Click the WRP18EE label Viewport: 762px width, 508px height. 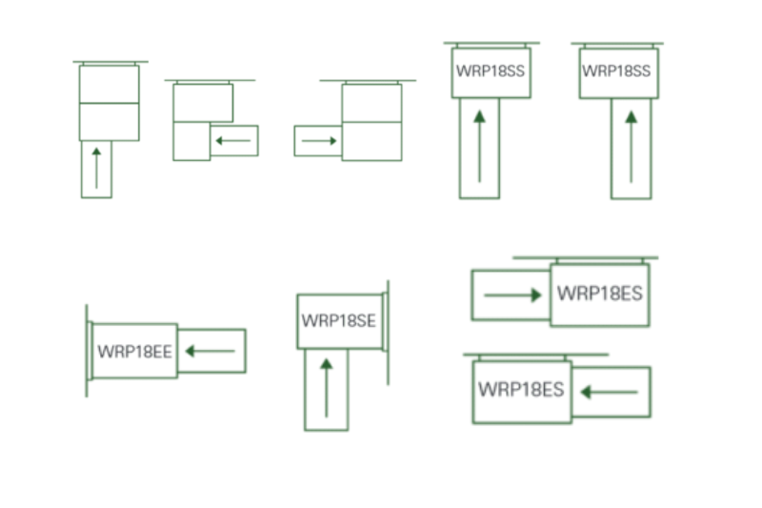pyautogui.click(x=134, y=352)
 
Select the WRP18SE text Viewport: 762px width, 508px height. pyautogui.click(x=339, y=320)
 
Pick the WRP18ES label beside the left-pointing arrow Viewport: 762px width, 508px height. pyautogui.click(x=521, y=390)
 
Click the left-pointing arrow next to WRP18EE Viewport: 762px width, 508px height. pyautogui.click(x=210, y=352)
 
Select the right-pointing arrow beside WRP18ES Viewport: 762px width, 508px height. pyautogui.click(x=512, y=295)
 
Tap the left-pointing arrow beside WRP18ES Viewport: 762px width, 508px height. pyautogui.click(x=610, y=392)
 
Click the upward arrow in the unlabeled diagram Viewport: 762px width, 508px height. pyautogui.click(x=96, y=168)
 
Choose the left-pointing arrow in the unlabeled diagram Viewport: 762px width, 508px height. pyautogui.click(x=232, y=141)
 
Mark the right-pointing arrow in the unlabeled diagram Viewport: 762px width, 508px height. pyautogui.click(x=319, y=141)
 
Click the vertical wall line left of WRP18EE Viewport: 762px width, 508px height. pyautogui.click(x=87, y=351)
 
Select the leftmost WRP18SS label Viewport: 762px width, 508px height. pyautogui.click(x=491, y=71)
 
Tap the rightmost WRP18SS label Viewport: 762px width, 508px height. pyautogui.click(x=618, y=71)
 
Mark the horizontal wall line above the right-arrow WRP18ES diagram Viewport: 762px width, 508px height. pyautogui.click(x=585, y=257)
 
